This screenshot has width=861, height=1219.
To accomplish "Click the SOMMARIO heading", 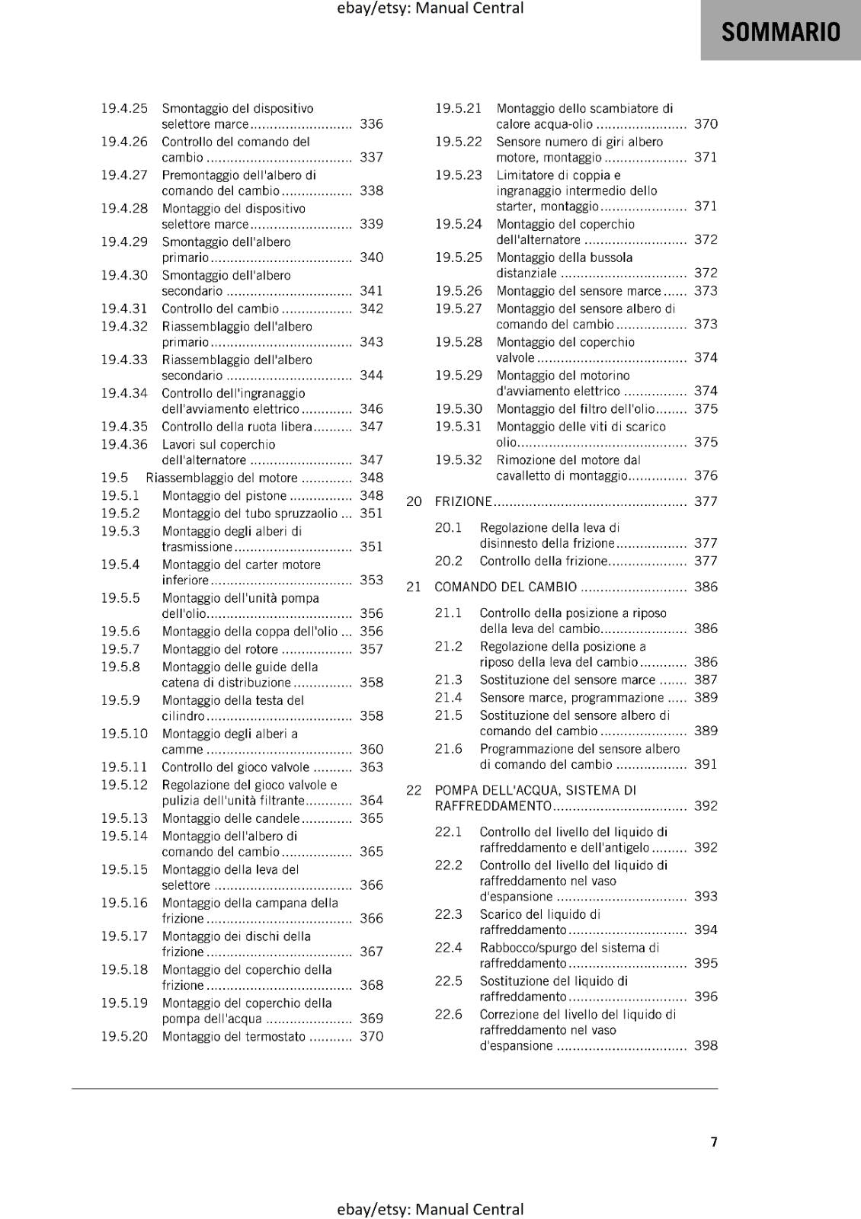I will pyautogui.click(x=780, y=32).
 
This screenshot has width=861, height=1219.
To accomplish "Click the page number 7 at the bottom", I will pyautogui.click(x=714, y=1141).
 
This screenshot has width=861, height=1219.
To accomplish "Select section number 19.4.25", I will pyautogui.click(x=124, y=108).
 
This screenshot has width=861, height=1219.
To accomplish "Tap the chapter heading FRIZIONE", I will pyautogui.click(x=463, y=501).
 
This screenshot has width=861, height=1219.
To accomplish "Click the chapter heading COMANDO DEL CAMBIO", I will pyautogui.click(x=505, y=587).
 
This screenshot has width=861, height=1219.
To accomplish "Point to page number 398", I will pyautogui.click(x=706, y=1045).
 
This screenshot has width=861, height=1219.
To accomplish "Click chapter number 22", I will pyautogui.click(x=414, y=790).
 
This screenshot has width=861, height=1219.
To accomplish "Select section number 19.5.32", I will pyautogui.click(x=459, y=460).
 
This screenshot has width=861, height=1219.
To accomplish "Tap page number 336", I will pyautogui.click(x=371, y=123).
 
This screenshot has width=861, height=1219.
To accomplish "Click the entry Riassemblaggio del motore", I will pyautogui.click(x=222, y=478).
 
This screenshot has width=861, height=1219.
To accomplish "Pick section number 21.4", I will pyautogui.click(x=448, y=697).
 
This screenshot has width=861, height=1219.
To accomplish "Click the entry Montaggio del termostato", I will pyautogui.click(x=233, y=1036).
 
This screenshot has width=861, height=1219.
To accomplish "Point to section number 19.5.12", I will pyautogui.click(x=124, y=785).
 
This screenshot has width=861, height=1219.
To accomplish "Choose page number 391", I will pyautogui.click(x=706, y=763).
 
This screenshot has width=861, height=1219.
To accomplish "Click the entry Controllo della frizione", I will pyautogui.click(x=543, y=561).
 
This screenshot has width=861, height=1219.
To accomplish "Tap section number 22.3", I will pyautogui.click(x=448, y=914).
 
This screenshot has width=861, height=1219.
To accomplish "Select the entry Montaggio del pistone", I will pyautogui.click(x=224, y=496).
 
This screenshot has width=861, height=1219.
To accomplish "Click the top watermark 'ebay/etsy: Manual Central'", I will pyautogui.click(x=430, y=8).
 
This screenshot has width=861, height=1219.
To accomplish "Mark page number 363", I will pyautogui.click(x=371, y=767).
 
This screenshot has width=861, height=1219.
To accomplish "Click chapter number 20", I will pyautogui.click(x=414, y=501).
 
